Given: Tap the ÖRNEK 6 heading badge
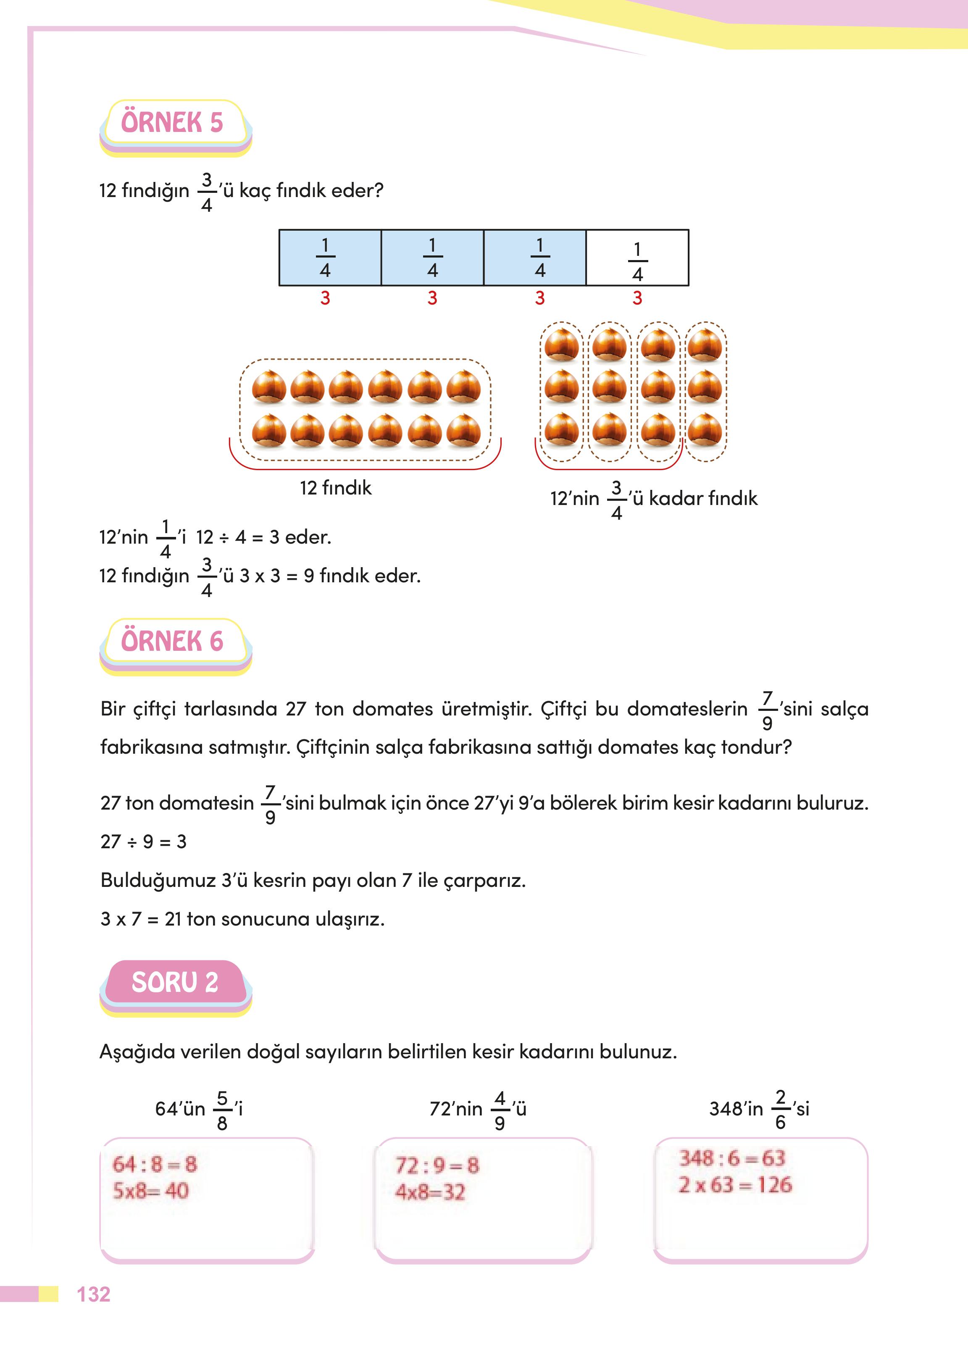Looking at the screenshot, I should coord(172,642).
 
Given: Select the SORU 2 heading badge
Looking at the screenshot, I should coord(175,982).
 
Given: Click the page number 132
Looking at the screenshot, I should coord(94,1295).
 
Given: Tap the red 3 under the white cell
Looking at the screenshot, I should coord(637,298).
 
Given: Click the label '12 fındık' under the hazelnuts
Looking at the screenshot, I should coord(336,488).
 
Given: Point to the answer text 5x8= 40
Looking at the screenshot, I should coord(150,1191).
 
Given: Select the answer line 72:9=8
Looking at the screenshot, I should coord(437,1165).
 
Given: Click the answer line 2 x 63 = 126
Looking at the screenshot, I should coord(734,1185).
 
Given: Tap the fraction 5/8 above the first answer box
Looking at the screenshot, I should coord(222,1110).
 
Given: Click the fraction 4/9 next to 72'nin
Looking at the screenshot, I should coord(500,1110).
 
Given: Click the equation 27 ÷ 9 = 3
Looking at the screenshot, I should coord(144,842).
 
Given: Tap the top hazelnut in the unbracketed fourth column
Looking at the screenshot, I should coord(705,344).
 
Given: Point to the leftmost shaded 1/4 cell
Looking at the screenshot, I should coord(330,258).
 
